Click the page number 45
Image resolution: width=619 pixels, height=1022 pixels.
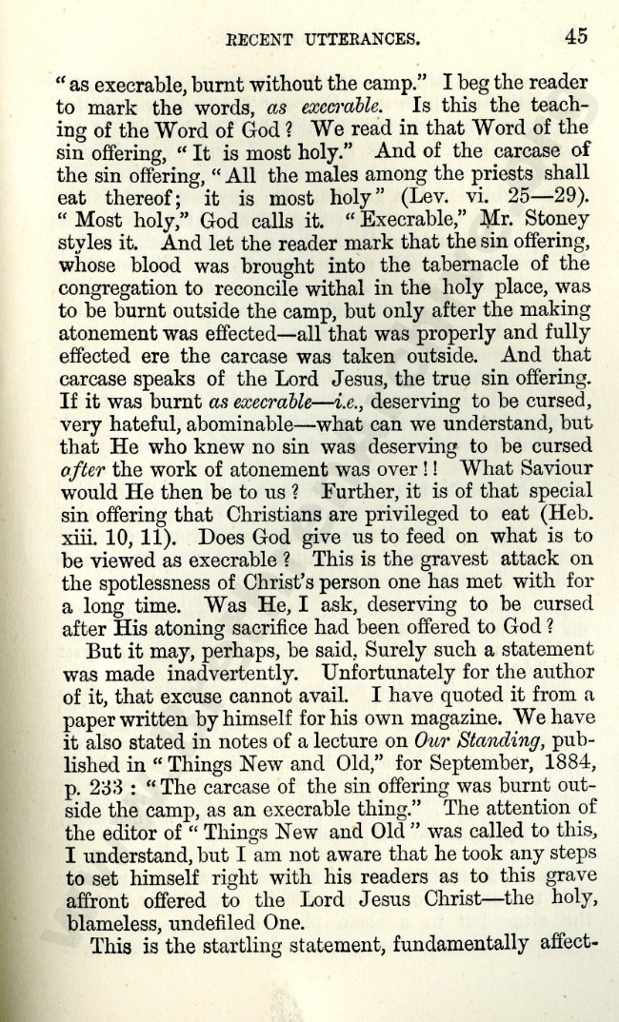[575, 36]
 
